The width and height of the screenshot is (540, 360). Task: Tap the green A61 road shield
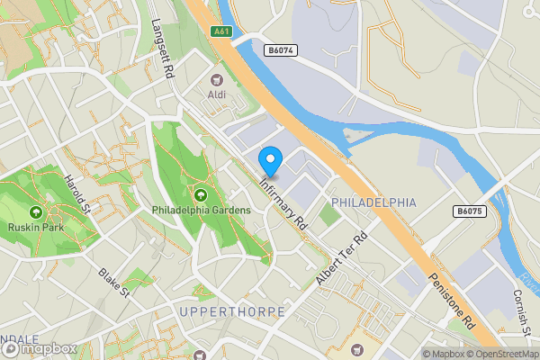(222, 31)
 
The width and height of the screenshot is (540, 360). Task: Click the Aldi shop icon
(217, 79)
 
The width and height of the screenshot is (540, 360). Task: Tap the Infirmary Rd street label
(283, 200)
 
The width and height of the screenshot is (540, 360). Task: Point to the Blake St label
(115, 282)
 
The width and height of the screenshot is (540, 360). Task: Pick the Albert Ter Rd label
(343, 259)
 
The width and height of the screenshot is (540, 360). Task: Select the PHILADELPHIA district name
(373, 202)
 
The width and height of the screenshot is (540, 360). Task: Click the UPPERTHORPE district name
(231, 311)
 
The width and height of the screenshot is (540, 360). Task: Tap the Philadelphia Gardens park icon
(199, 194)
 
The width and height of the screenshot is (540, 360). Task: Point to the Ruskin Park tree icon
(36, 212)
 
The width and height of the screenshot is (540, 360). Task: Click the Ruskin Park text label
(36, 229)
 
